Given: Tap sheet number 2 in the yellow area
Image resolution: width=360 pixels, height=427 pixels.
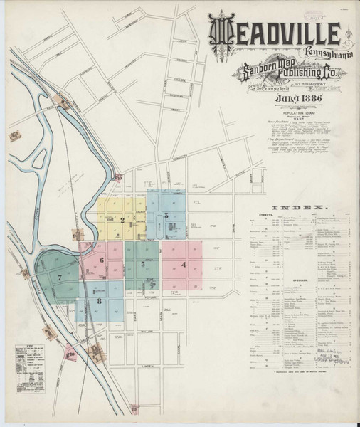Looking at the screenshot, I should point(122,220).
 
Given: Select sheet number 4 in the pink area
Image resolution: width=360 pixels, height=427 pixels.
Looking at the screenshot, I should point(184,265).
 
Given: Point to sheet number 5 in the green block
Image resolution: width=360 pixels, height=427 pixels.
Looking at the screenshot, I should point(144,264).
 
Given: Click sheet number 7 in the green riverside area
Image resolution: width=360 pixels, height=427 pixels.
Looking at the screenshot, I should point(60,277).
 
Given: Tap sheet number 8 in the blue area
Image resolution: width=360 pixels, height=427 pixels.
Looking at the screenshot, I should point(99,302).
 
